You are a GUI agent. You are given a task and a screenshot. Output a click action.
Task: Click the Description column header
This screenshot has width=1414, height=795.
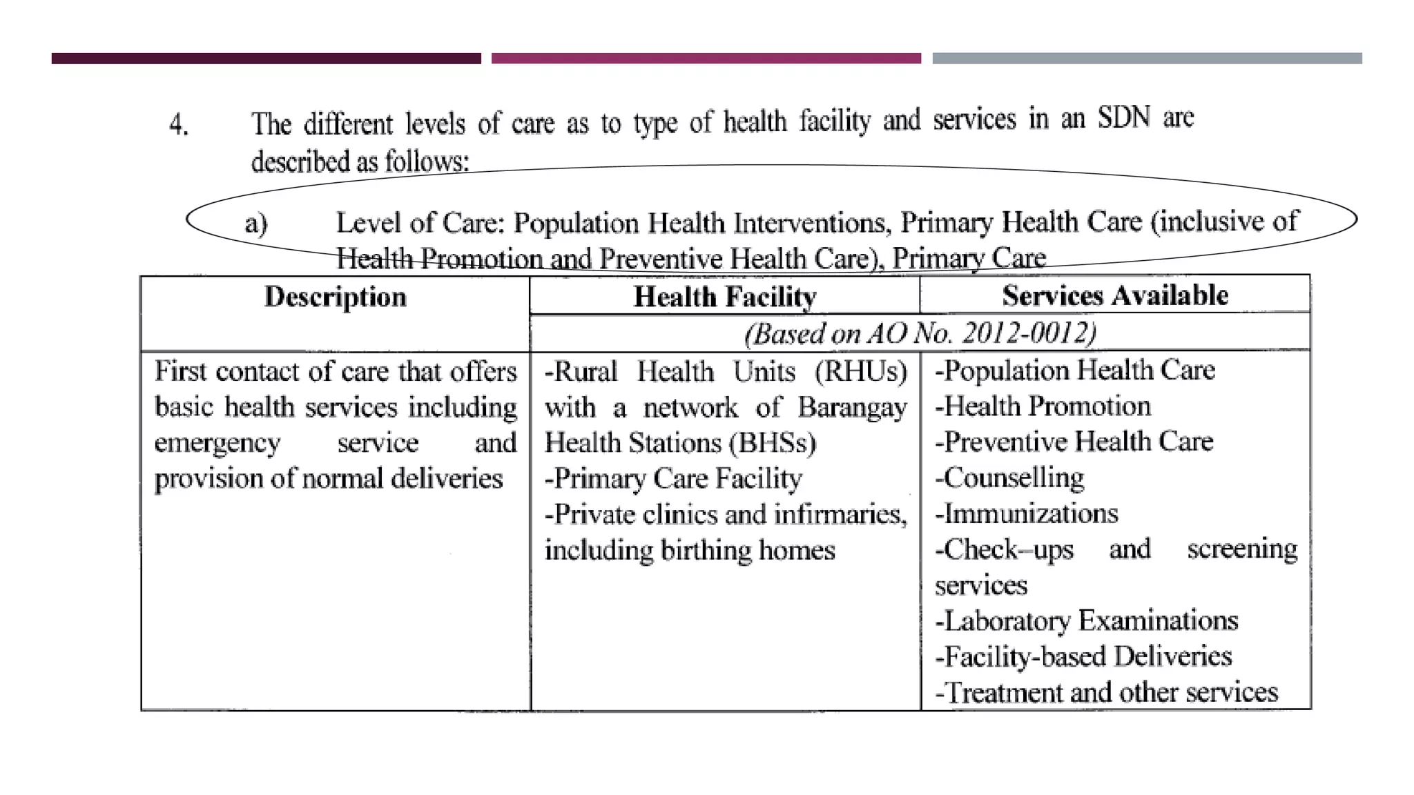click(336, 297)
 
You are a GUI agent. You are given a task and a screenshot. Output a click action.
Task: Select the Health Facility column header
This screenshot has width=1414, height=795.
click(725, 297)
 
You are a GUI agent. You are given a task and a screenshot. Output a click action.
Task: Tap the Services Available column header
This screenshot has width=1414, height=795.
click(1115, 296)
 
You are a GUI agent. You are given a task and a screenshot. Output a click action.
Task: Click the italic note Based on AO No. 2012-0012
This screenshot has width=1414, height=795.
click(920, 333)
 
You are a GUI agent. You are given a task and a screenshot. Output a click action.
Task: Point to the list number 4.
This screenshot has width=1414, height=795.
click(179, 125)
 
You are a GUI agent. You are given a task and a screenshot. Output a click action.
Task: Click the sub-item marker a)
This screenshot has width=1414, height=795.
click(256, 224)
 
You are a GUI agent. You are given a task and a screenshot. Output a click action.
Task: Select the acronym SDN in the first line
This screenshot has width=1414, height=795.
click(1123, 118)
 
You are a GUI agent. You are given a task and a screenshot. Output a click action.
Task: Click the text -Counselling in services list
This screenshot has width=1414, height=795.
click(1009, 478)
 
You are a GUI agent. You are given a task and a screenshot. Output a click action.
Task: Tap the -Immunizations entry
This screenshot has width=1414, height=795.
click(1027, 513)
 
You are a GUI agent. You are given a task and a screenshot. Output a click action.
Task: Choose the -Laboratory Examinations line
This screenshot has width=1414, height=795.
click(1086, 620)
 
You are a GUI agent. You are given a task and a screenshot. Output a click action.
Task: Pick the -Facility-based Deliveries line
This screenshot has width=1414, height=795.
click(1083, 656)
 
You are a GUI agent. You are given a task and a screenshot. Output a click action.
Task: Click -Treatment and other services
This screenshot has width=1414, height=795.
click(1107, 692)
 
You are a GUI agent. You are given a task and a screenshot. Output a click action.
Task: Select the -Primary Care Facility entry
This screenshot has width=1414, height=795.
click(673, 478)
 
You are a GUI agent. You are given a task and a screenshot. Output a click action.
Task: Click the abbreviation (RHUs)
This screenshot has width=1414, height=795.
click(860, 372)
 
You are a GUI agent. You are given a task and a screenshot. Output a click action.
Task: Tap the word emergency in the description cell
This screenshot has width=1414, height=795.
click(217, 443)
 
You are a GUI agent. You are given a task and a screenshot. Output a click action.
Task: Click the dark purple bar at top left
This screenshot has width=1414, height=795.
click(266, 59)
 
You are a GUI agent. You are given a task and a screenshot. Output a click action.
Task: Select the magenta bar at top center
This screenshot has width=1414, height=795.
click(706, 59)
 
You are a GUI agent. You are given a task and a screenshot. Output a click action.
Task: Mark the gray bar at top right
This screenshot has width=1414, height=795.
click(1147, 59)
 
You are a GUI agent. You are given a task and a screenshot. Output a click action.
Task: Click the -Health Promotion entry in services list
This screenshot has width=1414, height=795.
click(1043, 406)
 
